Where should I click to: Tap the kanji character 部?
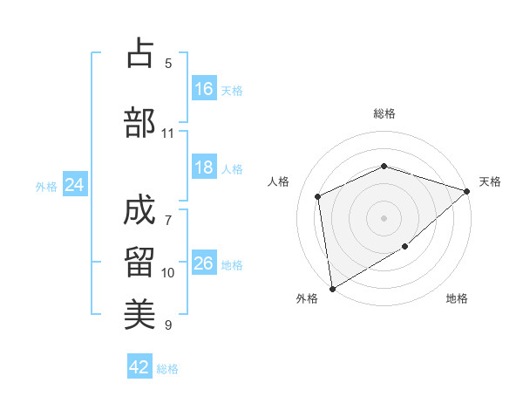[x=139, y=122]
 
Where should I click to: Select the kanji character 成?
[x=139, y=210]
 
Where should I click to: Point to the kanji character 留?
[x=139, y=262]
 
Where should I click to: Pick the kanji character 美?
[x=139, y=312]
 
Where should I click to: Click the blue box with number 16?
[x=204, y=89]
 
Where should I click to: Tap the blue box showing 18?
[x=204, y=168]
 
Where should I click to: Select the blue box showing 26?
[x=204, y=263]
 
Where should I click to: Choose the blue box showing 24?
[x=75, y=185]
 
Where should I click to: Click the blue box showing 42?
[x=139, y=367]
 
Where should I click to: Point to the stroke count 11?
[x=168, y=133]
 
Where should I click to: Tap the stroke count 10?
[x=168, y=273]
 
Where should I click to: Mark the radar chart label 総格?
[x=384, y=114]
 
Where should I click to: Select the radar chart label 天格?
[x=490, y=181]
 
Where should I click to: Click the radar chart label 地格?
[x=457, y=299]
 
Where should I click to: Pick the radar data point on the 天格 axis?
[x=468, y=190]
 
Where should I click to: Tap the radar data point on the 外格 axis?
[x=332, y=288]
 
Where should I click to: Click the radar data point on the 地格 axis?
[x=405, y=247]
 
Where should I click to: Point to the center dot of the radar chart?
[x=384, y=217]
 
